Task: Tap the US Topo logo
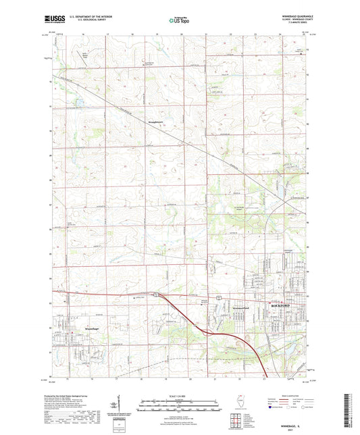point(179,21)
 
